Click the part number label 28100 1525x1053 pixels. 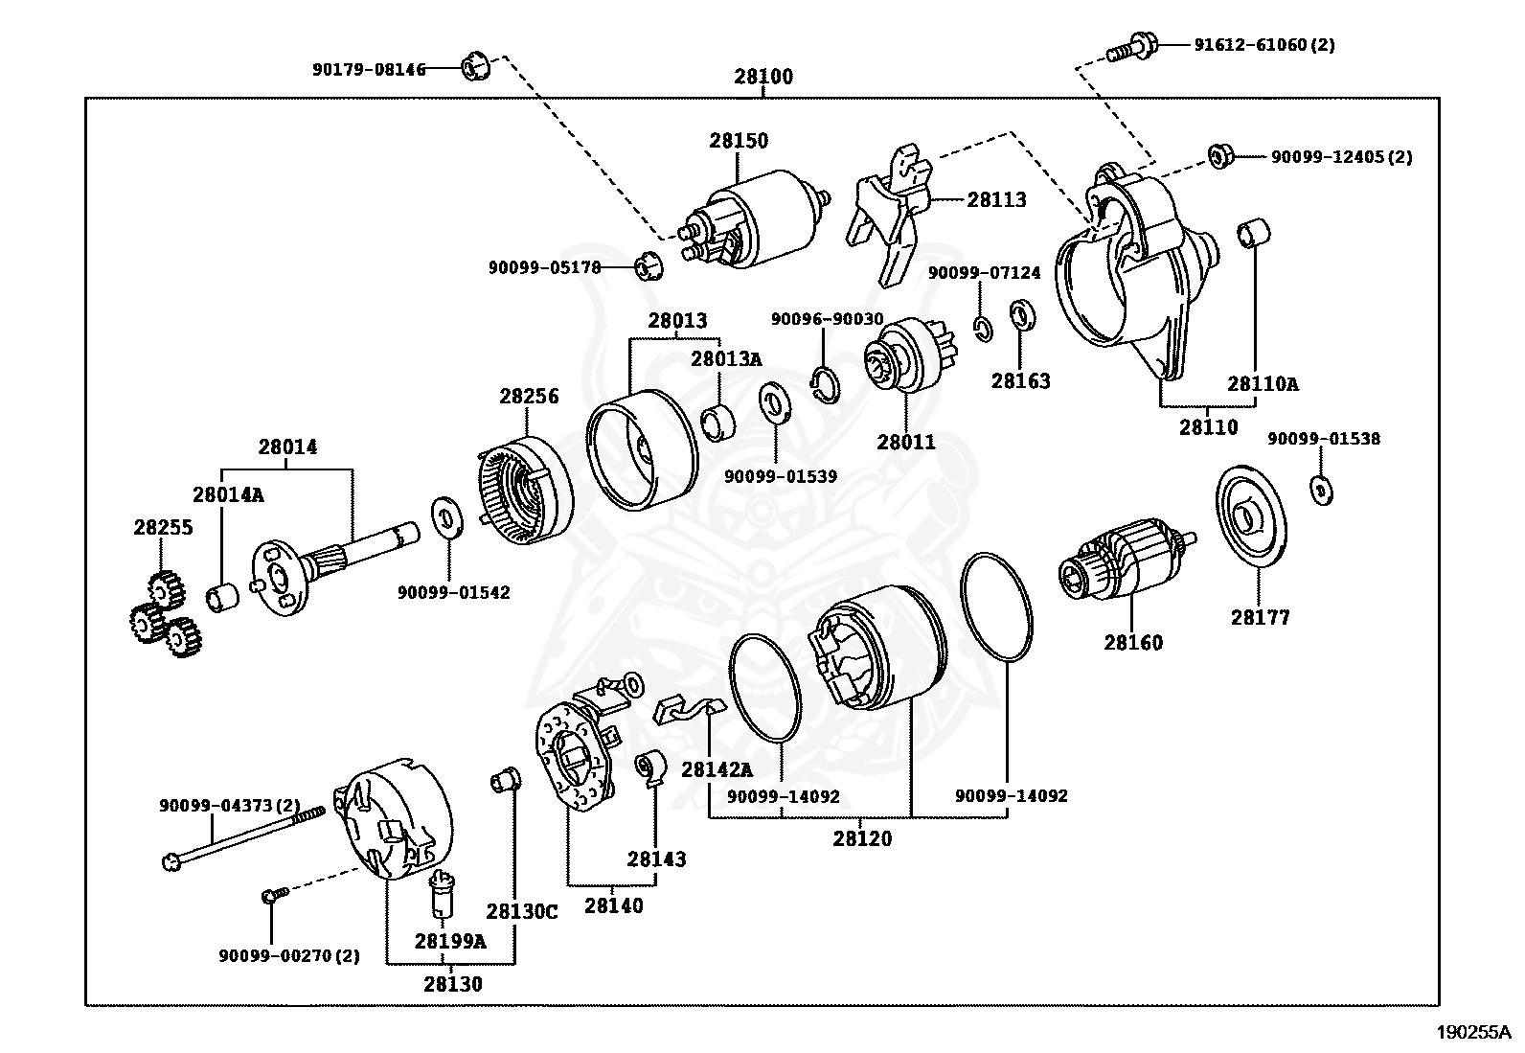763,77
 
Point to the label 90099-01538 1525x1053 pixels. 1324,439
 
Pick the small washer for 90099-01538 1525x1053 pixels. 1320,490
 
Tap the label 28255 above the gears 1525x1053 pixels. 163,527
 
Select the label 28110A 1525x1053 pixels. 1263,384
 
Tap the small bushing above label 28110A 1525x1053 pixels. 1254,234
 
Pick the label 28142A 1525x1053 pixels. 717,768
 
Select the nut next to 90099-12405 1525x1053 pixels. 1218,155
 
